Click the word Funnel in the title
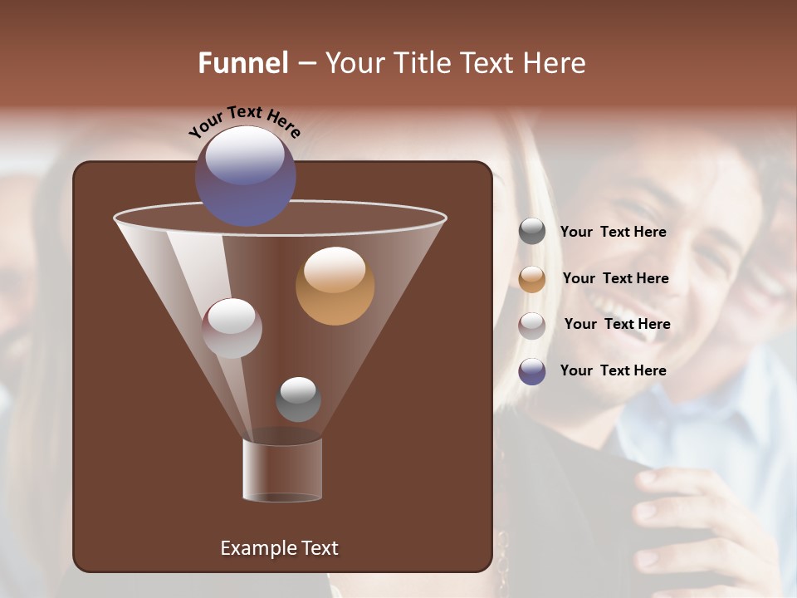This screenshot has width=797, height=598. [x=242, y=63]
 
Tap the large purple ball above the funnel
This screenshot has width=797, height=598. [x=245, y=176]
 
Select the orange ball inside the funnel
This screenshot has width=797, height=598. [x=335, y=286]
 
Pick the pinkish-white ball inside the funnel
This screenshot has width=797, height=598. [x=232, y=328]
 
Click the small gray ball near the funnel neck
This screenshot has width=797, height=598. [x=298, y=399]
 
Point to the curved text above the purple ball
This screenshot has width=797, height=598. [x=244, y=120]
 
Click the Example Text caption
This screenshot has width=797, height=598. [x=279, y=548]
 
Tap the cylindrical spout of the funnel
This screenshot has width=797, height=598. [x=282, y=470]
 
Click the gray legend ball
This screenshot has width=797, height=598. [x=532, y=232]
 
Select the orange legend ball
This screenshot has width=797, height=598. [x=532, y=279]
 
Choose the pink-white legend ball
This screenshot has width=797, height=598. [x=532, y=325]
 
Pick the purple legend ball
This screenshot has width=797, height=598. [x=532, y=371]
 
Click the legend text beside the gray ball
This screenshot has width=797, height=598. [x=613, y=233]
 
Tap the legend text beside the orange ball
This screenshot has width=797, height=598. [x=615, y=278]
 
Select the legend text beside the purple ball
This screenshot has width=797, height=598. [x=613, y=370]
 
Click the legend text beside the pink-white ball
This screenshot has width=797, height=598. [x=617, y=324]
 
